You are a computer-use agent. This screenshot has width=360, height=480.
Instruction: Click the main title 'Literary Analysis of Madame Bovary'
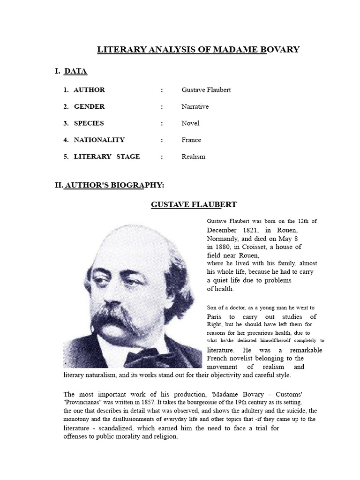[198, 50]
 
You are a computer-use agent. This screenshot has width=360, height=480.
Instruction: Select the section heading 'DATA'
[75, 71]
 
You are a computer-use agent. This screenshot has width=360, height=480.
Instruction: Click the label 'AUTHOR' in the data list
[89, 90]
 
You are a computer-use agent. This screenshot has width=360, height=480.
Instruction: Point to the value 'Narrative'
[195, 106]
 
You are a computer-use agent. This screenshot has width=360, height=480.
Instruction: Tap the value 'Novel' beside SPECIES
[190, 123]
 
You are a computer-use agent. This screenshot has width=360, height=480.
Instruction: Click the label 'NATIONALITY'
[99, 140]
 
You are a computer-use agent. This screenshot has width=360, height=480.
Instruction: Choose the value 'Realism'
[193, 157]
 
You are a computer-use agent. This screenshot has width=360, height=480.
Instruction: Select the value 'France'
[191, 140]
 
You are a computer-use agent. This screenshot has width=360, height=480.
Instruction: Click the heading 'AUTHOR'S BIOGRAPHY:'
[114, 185]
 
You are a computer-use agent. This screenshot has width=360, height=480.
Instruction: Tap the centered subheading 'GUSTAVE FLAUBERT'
[194, 204]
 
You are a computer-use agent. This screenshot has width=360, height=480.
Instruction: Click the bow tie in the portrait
[142, 356]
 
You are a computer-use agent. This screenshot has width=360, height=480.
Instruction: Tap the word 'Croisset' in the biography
[251, 247]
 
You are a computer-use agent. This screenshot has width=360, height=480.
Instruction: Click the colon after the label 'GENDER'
[162, 106]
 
